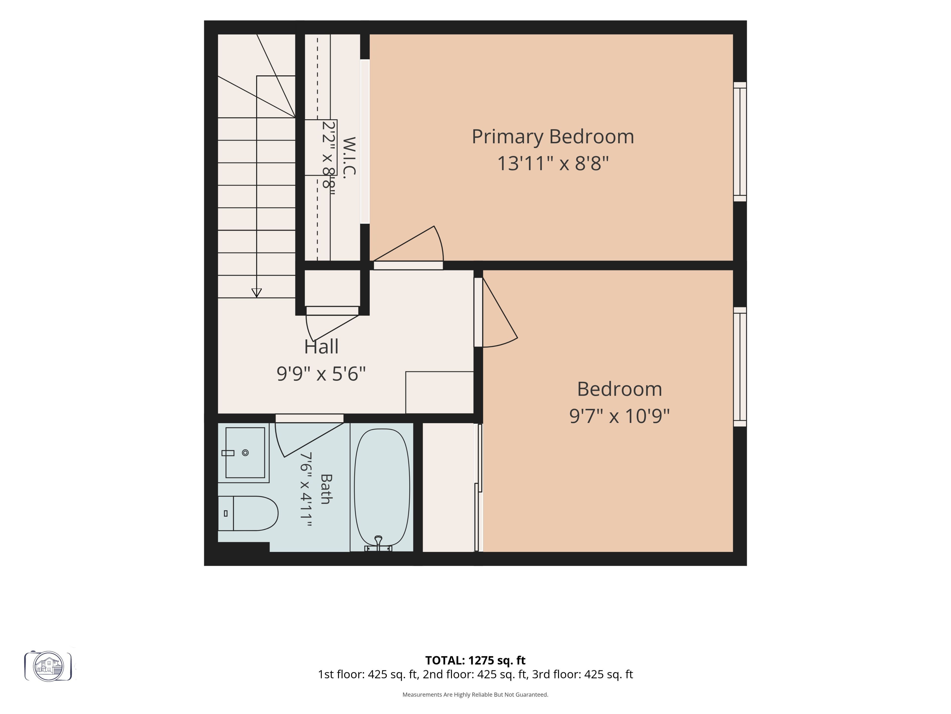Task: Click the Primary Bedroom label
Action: [x=553, y=137]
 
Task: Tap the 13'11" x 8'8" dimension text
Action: [x=553, y=164]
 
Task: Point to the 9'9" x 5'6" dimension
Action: [x=321, y=374]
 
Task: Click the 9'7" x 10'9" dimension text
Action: [x=620, y=416]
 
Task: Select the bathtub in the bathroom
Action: [x=382, y=487]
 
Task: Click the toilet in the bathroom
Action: [x=248, y=513]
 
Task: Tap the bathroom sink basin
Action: [x=245, y=453]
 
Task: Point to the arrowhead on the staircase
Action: [x=257, y=293]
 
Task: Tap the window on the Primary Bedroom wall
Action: [x=740, y=142]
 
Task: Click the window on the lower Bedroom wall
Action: [x=740, y=367]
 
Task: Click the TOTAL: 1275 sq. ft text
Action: [x=475, y=660]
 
